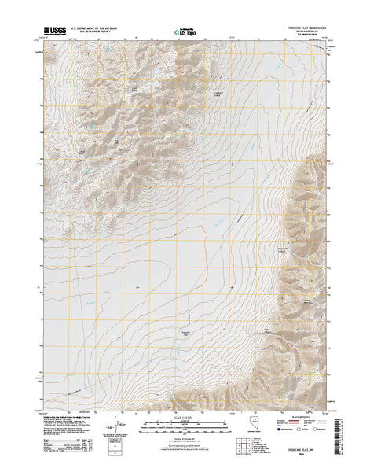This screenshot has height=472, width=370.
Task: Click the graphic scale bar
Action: tap(185, 425)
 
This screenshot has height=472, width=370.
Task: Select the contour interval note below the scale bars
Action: tap(185, 437)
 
